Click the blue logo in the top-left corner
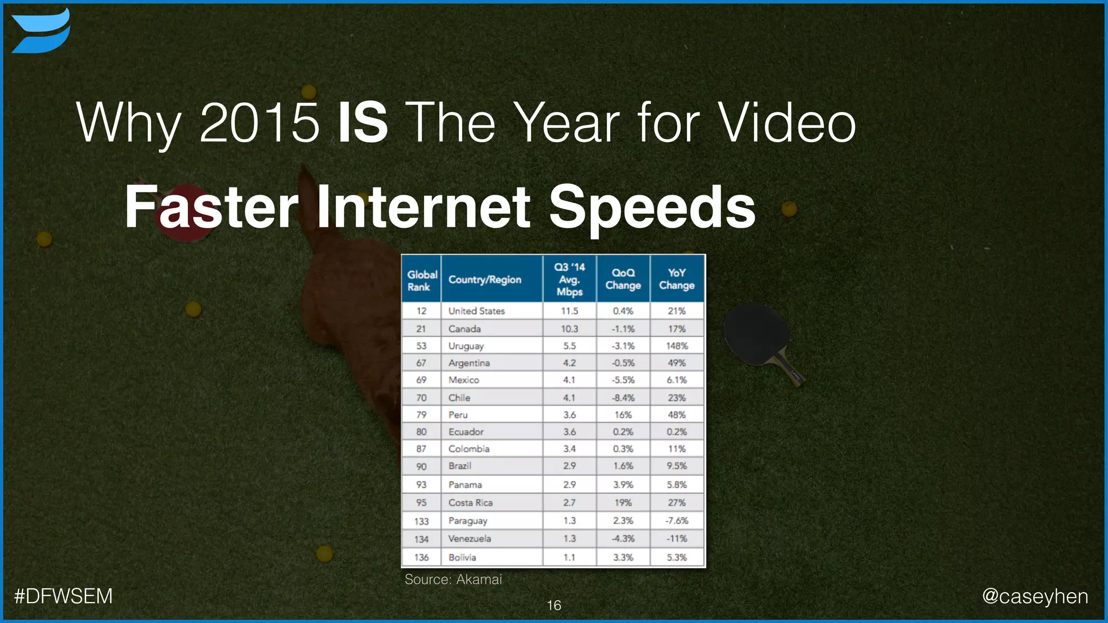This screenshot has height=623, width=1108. tap(41, 31)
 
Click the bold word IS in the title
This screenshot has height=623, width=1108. tap(363, 123)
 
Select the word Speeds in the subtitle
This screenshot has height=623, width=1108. tap(652, 208)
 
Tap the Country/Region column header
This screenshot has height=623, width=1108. tap(485, 280)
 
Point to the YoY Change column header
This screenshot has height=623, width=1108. tap(677, 279)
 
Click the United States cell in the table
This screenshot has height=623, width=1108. tap(476, 311)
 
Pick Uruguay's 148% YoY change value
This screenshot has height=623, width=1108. tap(677, 346)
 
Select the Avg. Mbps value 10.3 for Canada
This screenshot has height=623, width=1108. tap(569, 329)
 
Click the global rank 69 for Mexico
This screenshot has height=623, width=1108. tap(421, 380)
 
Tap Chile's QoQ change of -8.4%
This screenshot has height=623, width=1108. tap(623, 397)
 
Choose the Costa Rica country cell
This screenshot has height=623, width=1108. tap(470, 502)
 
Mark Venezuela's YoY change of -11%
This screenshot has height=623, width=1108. tap(677, 539)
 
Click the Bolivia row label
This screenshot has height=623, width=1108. tap(462, 557)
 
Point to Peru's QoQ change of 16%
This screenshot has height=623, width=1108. tap(623, 415)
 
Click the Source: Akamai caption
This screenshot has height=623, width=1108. tap(453, 580)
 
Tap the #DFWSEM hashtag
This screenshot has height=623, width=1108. tap(63, 596)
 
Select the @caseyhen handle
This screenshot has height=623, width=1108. tap(1034, 596)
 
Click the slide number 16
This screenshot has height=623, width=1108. tap(554, 606)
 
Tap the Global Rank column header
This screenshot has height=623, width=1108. tap(421, 280)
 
